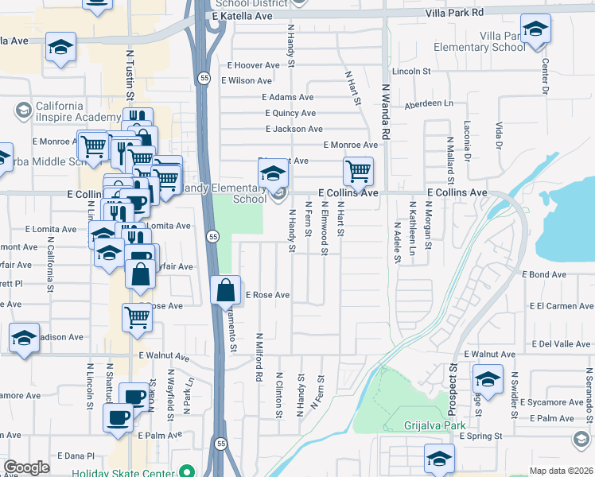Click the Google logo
tap(25, 467)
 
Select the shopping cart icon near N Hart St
tap(358, 170)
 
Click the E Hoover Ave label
tap(253, 65)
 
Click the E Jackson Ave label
tap(294, 129)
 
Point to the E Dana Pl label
tap(76, 456)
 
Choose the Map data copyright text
tap(561, 471)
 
